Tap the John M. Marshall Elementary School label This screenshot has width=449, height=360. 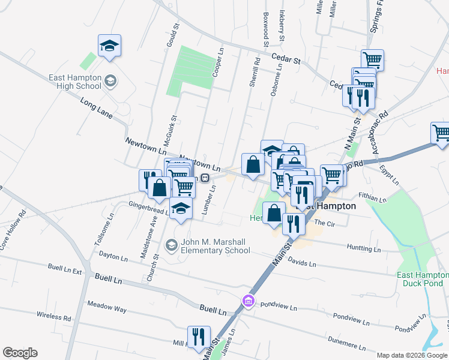tap(214, 245)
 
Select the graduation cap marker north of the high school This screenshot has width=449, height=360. tap(109, 46)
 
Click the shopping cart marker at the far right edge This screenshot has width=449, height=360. tap(441, 133)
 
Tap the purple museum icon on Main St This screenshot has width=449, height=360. tap(247, 300)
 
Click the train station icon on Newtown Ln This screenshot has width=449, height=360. tap(205, 178)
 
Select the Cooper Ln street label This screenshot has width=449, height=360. tap(218, 63)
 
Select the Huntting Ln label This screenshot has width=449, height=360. tap(364, 248)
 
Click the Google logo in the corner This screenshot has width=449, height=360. tap(20, 353)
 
